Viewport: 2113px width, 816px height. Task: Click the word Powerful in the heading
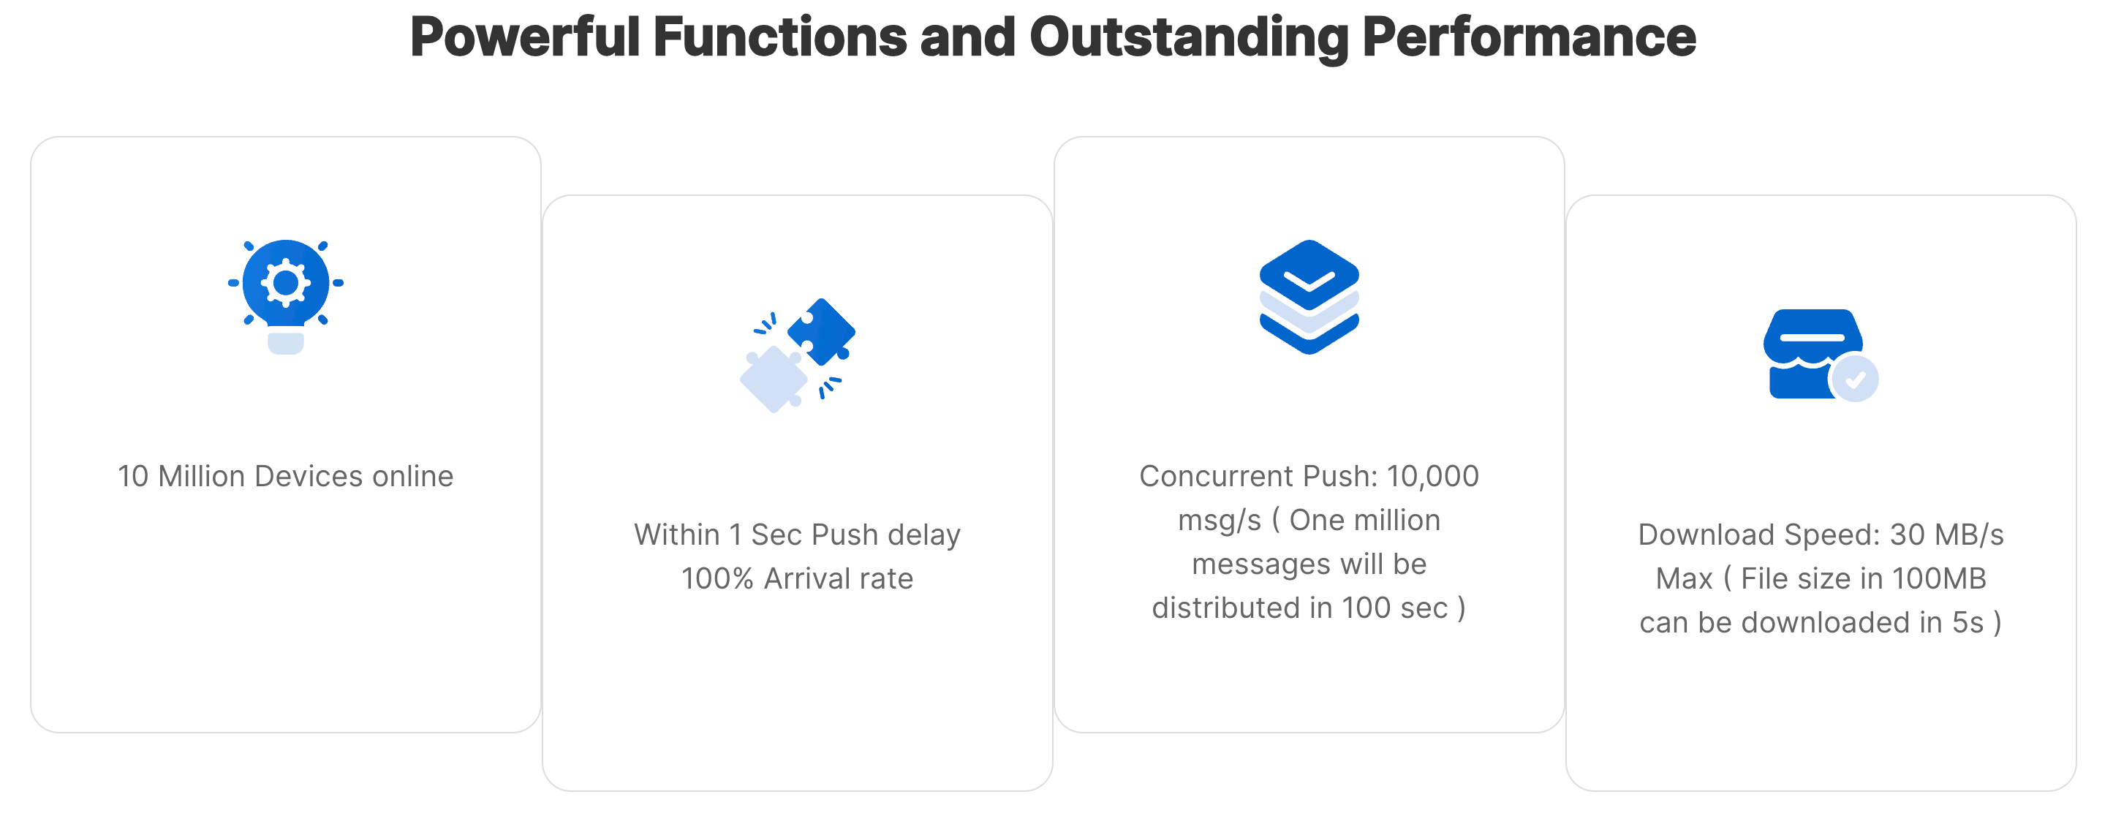point(525,38)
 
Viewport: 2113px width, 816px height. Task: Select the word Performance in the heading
point(1529,38)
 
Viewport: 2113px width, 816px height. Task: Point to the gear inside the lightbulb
point(285,283)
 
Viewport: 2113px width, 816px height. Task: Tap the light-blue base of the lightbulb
point(285,343)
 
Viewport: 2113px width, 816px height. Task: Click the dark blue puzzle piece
point(820,331)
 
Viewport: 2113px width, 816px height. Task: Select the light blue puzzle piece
point(774,379)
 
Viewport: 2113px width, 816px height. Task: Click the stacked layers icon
point(1309,297)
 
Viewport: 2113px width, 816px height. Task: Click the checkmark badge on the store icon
point(1856,379)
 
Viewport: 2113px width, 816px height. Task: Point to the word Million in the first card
point(202,477)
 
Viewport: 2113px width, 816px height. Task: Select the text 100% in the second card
point(717,579)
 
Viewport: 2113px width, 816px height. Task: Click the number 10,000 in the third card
point(1433,477)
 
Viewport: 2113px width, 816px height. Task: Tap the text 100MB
point(1939,579)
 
